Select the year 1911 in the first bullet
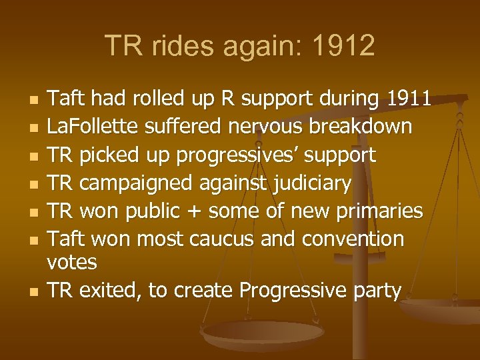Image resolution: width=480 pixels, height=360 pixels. tap(409, 99)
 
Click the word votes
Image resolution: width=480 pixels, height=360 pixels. tap(72, 262)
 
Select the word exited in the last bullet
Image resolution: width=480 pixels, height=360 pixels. tap(112, 290)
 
